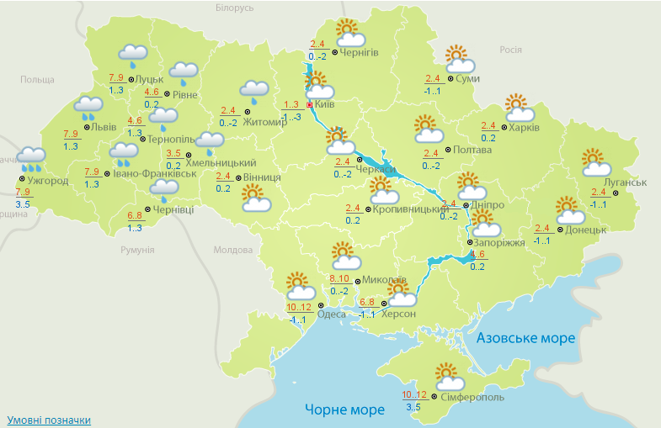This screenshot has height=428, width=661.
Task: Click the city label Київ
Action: click(325, 104)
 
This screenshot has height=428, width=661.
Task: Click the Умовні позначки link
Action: click(49, 420)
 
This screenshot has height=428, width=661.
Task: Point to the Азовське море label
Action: click(525, 338)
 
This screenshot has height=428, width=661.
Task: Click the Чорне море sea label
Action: click(344, 410)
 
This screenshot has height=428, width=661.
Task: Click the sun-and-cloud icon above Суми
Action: click(459, 60)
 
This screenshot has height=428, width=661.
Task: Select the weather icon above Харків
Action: click(520, 108)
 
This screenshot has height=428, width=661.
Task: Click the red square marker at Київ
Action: click(309, 105)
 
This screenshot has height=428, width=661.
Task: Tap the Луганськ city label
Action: click(625, 182)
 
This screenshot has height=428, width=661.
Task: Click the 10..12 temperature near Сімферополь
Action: click(415, 394)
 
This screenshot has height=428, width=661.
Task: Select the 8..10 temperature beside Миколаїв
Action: click(340, 278)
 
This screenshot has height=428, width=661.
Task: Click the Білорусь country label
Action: click(234, 8)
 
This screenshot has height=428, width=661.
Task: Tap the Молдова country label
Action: click(233, 250)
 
